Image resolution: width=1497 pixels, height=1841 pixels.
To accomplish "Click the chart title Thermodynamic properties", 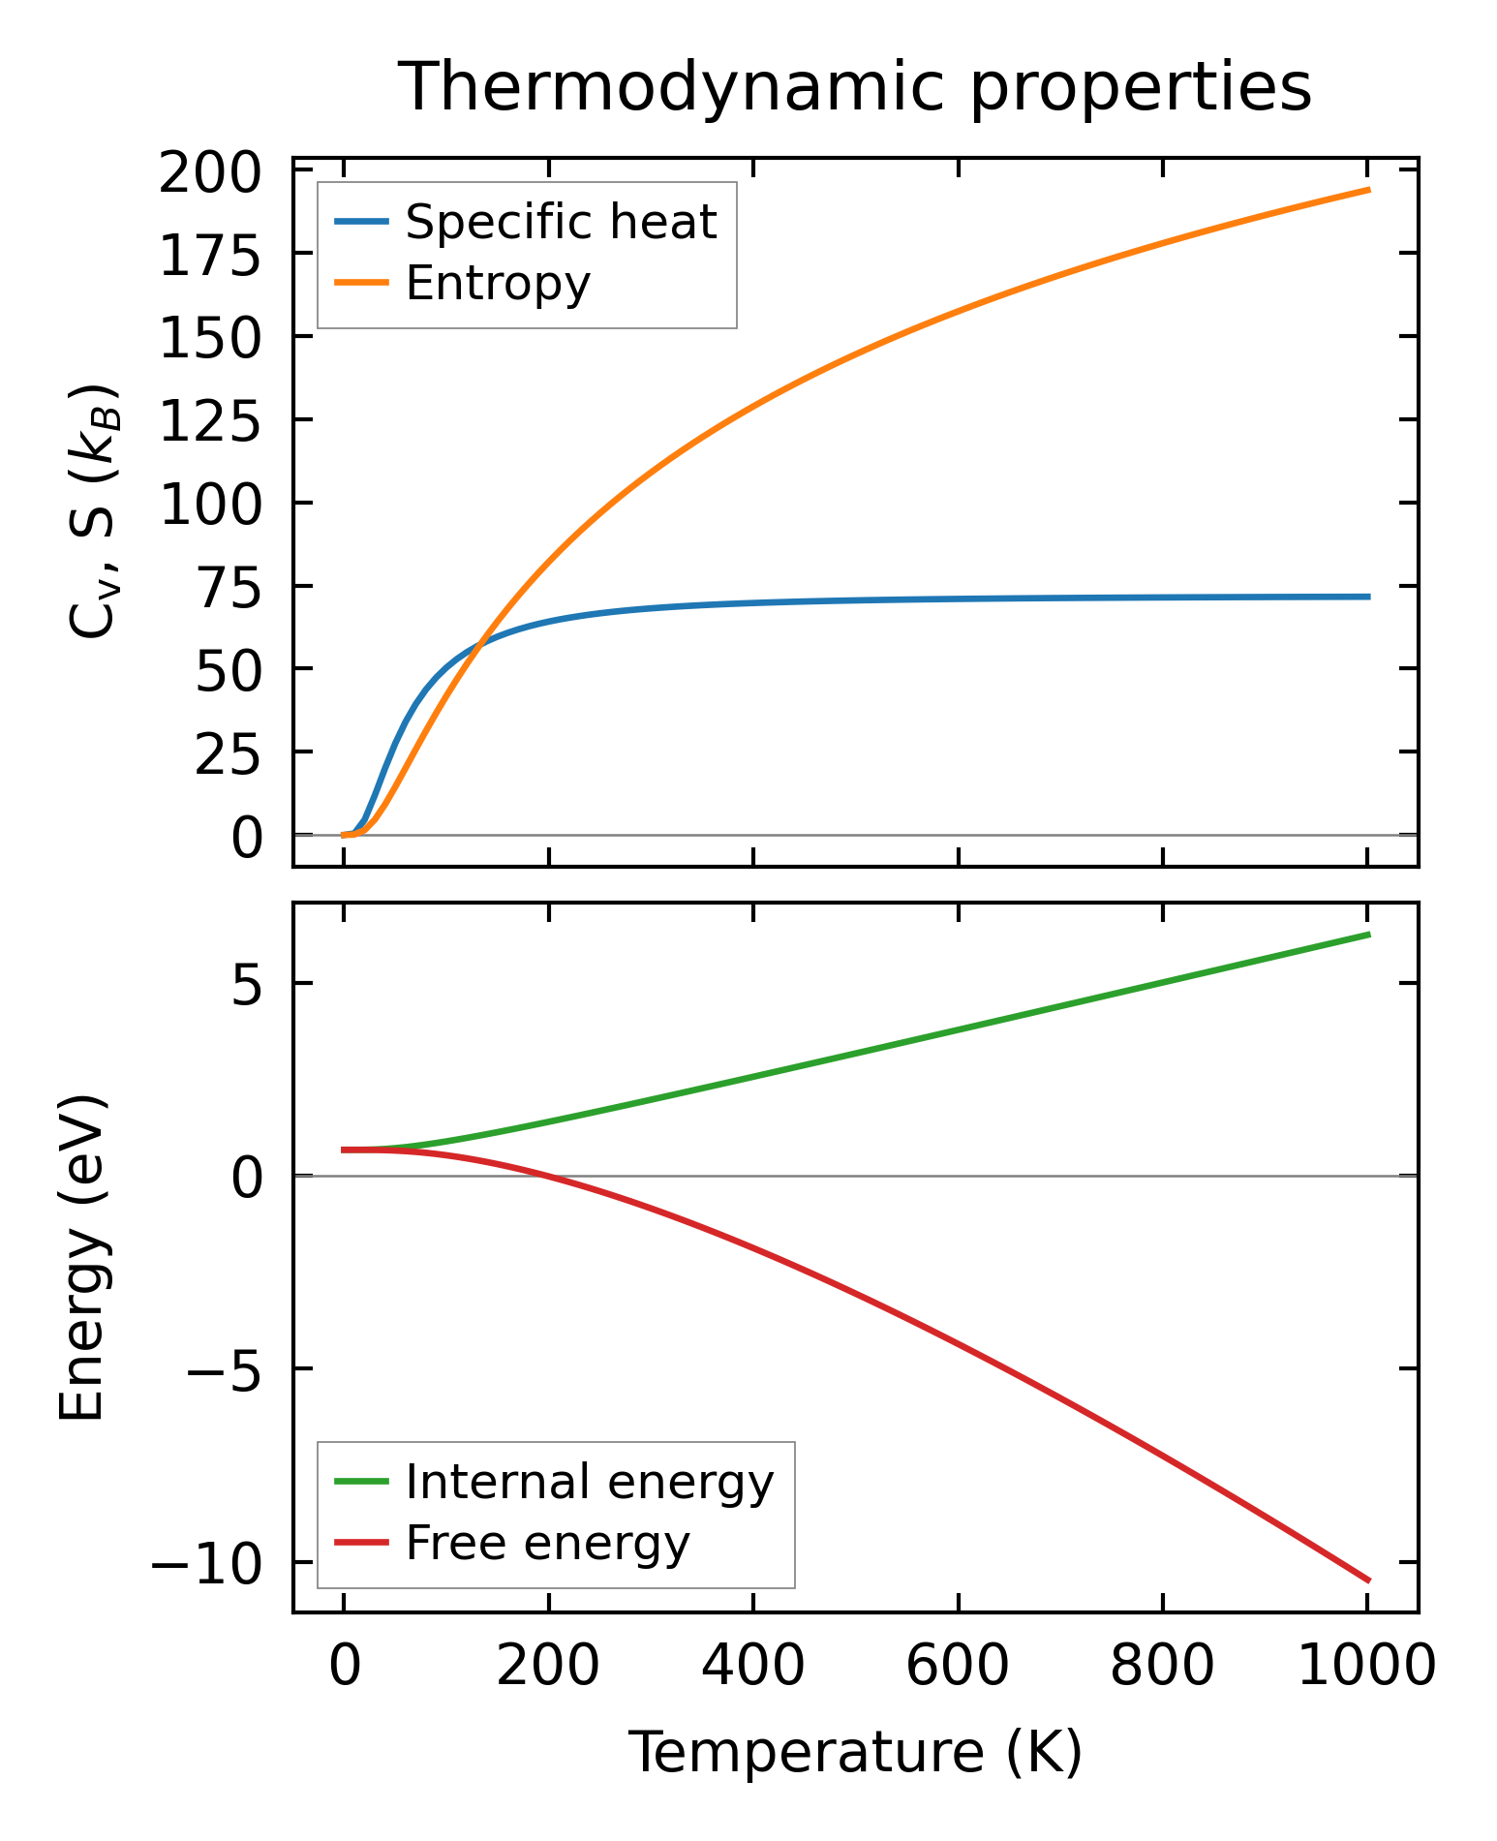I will tap(855, 87).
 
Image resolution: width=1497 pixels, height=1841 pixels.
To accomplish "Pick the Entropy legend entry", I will tap(498, 284).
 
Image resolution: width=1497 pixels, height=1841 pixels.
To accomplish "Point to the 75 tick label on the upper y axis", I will tap(229, 590).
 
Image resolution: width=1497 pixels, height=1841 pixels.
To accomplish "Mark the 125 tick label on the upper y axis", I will tap(210, 423).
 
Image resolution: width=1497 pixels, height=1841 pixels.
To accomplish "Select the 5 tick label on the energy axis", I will tap(246, 986).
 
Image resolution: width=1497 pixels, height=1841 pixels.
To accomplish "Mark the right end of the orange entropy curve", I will tap(1368, 190).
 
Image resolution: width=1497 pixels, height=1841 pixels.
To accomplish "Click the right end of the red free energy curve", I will tap(1368, 1580).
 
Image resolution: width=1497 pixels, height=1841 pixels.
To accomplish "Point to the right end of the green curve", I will tap(1368, 934).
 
